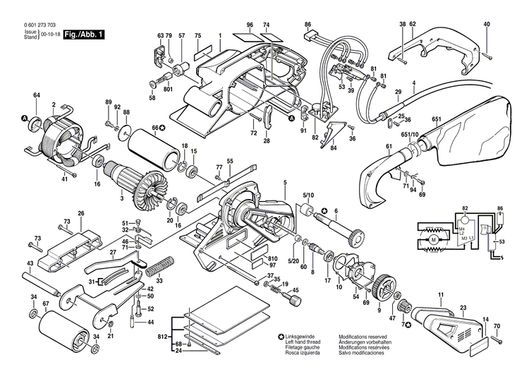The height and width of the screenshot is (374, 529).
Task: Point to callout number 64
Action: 36,95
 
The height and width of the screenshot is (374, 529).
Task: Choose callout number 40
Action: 487,25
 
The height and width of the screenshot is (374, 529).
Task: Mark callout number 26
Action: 81,213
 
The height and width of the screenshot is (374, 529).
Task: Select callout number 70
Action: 497,326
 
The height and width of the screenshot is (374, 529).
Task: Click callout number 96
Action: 250,25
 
